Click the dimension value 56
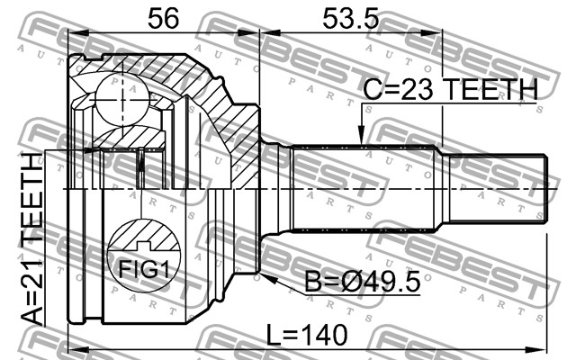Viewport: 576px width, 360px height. [163, 19]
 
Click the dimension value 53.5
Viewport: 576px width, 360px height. [350, 19]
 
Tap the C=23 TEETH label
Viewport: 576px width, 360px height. [451, 89]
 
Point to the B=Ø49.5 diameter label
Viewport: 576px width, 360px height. [363, 282]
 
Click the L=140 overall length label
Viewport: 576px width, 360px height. [306, 335]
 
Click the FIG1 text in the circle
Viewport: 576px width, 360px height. [144, 270]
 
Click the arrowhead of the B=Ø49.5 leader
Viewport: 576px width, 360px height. [268, 278]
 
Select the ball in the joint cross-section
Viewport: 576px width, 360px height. [121, 100]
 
